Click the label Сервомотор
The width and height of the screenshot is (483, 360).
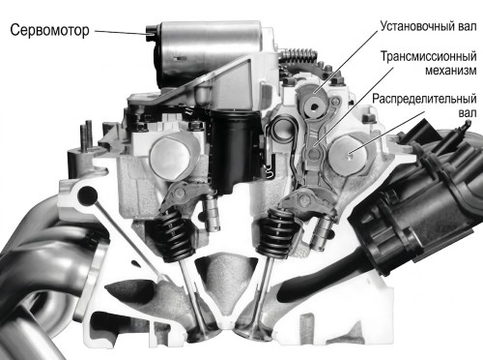[x=49, y=30]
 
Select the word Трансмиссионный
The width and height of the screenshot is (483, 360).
[x=429, y=56]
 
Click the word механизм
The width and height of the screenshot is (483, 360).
[x=451, y=71]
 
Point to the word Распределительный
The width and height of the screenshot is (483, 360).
[x=424, y=99]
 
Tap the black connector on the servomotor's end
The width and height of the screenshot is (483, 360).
[x=151, y=33]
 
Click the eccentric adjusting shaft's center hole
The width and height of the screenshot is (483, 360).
[x=313, y=106]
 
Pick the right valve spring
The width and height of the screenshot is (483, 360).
[x=276, y=233]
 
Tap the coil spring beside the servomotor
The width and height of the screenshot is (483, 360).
[x=297, y=55]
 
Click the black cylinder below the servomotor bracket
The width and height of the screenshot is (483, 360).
[x=233, y=152]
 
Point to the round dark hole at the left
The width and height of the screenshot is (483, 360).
[x=87, y=195]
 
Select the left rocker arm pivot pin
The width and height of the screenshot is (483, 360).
[x=181, y=194]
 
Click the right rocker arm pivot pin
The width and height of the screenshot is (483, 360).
[x=302, y=200]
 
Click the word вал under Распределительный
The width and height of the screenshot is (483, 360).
[x=467, y=113]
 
